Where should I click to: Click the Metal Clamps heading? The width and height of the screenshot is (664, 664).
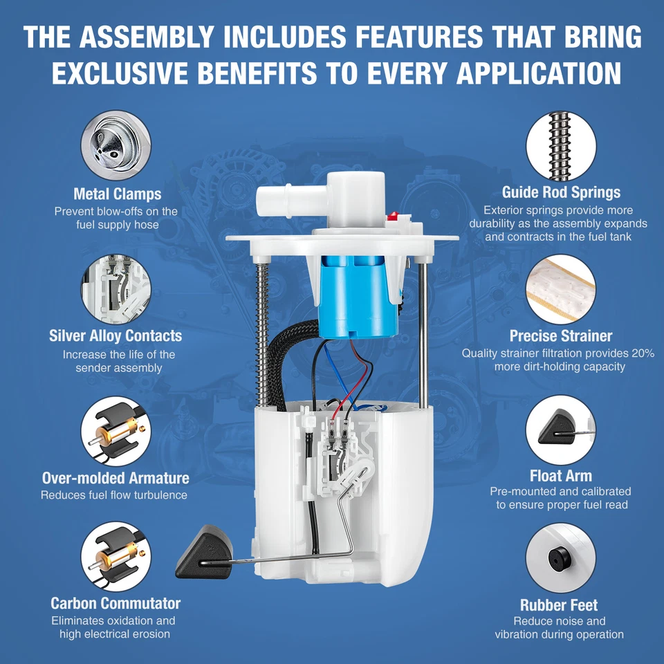[117, 194]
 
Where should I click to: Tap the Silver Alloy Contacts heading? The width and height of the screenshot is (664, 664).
[116, 336]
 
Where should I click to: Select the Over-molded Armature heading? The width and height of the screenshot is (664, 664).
[116, 478]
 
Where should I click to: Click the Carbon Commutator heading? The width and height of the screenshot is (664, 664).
[116, 603]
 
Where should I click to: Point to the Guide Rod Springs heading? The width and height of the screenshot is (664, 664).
[561, 192]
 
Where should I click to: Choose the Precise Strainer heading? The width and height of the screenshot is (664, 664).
[561, 336]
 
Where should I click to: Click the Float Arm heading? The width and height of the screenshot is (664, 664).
[561, 476]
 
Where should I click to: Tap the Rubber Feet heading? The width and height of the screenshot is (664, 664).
[559, 605]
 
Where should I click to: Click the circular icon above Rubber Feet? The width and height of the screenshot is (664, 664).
[560, 557]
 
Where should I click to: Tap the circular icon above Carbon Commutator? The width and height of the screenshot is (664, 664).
[116, 556]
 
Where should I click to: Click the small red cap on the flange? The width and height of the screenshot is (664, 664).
[394, 216]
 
